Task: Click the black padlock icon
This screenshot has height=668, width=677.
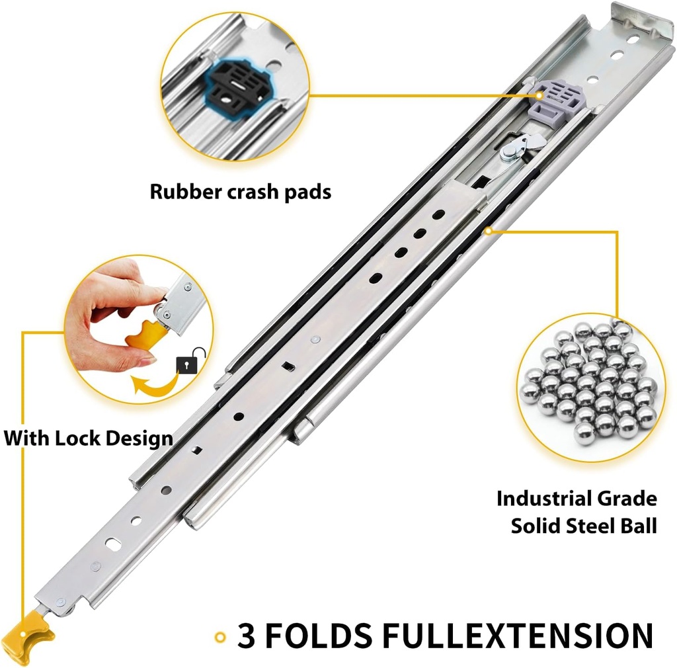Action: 186,365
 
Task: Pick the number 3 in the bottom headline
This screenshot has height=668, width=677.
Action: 247,636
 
